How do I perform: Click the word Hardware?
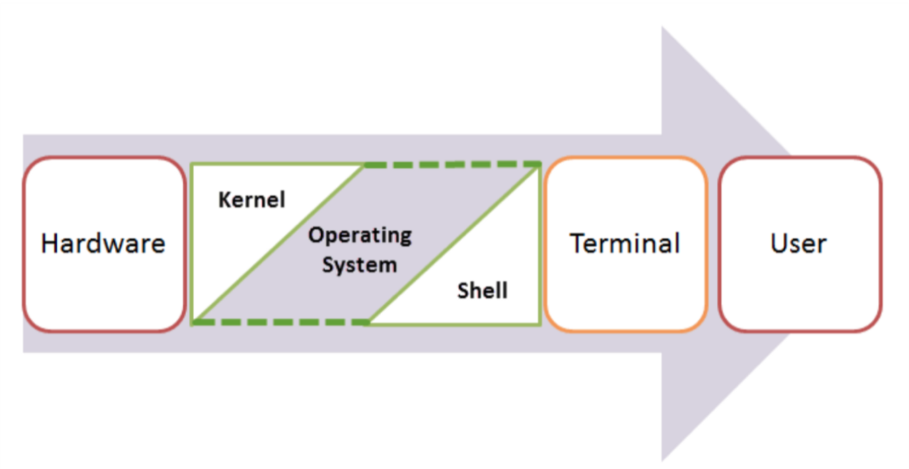(103, 244)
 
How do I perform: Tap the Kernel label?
(252, 199)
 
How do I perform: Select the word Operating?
(360, 236)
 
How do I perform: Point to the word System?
(359, 265)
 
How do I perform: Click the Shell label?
(482, 291)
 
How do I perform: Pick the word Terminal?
(625, 244)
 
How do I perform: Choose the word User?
(799, 244)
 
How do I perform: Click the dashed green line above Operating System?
(452, 164)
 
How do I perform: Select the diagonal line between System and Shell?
(454, 244)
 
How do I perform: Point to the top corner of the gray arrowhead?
(663, 28)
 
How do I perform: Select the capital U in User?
(779, 244)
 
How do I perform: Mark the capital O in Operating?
(316, 235)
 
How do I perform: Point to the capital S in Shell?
(463, 291)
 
